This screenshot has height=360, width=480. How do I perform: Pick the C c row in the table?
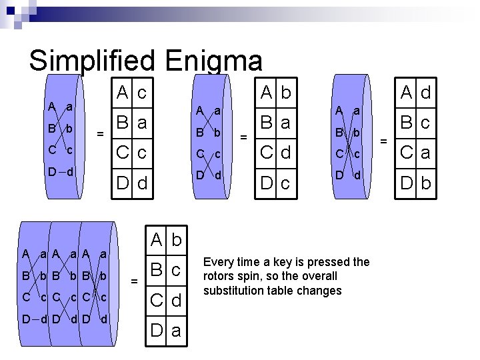[131, 153]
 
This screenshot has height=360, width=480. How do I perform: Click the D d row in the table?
[131, 181]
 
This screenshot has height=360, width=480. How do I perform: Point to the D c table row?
[276, 181]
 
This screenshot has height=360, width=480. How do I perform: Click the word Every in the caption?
[218, 262]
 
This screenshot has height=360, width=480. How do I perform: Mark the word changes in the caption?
[320, 291]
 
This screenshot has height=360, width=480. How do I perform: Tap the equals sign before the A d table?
[383, 141]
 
